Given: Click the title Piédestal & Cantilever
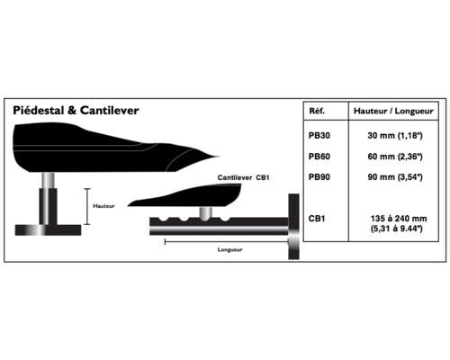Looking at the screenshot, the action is click(76, 111).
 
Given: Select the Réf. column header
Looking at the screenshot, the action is click(317, 111).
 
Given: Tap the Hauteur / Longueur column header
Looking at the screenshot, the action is click(393, 111).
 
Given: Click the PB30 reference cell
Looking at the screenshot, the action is click(319, 136).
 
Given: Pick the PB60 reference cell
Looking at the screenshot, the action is click(319, 157).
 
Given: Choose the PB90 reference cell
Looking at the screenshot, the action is click(319, 177).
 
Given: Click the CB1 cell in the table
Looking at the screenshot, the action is click(317, 219).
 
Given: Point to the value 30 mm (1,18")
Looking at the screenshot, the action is click(395, 136).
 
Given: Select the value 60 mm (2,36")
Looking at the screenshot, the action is click(395, 157).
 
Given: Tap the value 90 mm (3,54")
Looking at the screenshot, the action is click(395, 177).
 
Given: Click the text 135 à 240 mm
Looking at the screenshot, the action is click(399, 219).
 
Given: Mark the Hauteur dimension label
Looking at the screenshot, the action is click(103, 206).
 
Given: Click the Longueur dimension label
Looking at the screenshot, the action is click(229, 249).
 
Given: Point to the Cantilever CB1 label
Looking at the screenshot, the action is click(243, 177).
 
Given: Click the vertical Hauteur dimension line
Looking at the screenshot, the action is click(87, 206).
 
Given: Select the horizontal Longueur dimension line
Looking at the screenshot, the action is click(227, 241).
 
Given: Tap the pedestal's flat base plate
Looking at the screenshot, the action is click(48, 230).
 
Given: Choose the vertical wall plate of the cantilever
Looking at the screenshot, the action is click(293, 227).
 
